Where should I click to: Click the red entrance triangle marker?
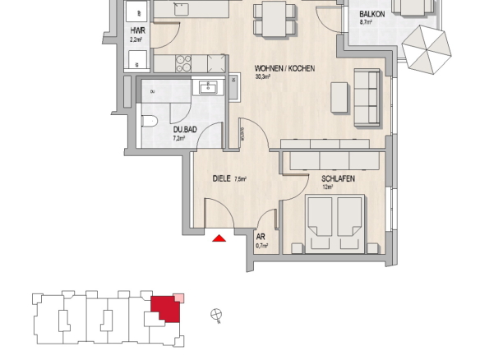(219, 238)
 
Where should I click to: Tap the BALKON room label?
(372, 14)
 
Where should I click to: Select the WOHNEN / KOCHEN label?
(284, 68)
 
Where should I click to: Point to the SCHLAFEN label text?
(338, 178)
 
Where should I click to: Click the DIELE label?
(221, 178)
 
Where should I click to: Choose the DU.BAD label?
(185, 130)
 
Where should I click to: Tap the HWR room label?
(138, 30)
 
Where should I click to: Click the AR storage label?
(261, 237)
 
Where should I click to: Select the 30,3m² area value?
(263, 76)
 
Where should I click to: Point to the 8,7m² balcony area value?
(366, 22)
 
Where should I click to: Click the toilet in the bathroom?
(150, 121)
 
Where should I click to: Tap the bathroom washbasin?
(208, 87)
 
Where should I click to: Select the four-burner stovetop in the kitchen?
(183, 63)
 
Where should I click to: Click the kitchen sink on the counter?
(181, 9)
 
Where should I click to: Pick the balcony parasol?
(427, 49)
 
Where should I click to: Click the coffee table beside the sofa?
(339, 97)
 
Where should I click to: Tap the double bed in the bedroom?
(335, 224)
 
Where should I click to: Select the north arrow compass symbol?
(216, 315)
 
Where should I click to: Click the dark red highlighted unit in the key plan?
(165, 308)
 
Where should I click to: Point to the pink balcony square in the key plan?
(178, 298)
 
